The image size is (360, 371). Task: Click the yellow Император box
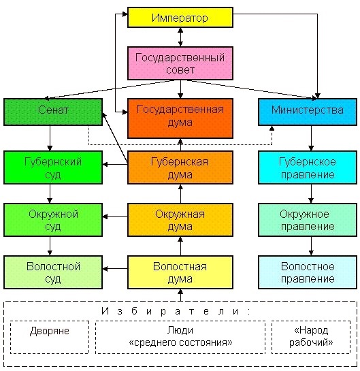click(180, 17)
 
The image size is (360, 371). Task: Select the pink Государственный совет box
click(180, 63)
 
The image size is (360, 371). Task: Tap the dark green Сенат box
click(53, 112)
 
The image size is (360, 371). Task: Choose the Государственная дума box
click(180, 118)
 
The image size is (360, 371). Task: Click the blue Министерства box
click(308, 112)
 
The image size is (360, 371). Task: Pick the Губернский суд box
click(53, 167)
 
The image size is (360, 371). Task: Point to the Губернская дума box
click(180, 167)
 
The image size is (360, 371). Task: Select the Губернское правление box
click(308, 167)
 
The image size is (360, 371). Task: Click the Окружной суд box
click(53, 220)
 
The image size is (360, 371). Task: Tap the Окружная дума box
click(180, 220)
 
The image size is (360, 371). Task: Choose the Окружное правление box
click(308, 220)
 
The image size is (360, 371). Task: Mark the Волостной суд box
click(53, 272)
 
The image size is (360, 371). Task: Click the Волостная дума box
click(180, 272)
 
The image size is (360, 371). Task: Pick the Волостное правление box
click(308, 272)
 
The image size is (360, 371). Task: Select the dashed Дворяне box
click(50, 337)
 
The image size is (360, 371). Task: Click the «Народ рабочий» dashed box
click(311, 337)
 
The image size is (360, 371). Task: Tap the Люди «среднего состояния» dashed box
click(180, 337)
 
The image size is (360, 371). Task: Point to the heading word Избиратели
click(176, 311)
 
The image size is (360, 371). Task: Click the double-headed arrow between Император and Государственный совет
click(180, 37)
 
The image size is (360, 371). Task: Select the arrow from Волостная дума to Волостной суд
click(115, 269)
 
